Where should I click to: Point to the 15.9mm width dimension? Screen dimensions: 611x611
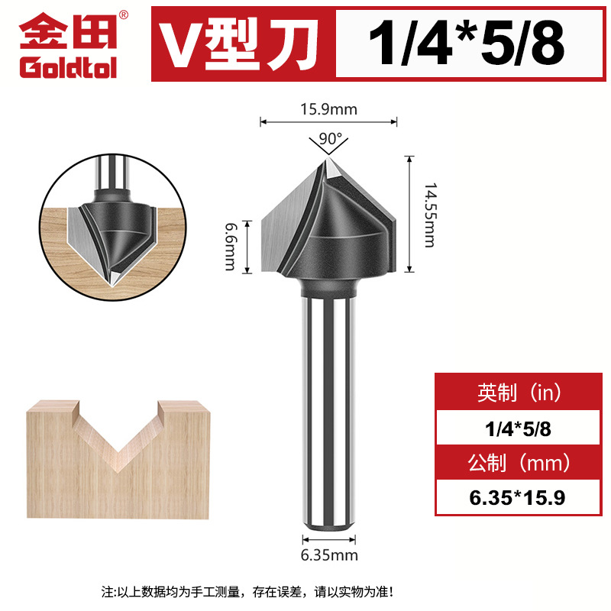(x=328, y=109)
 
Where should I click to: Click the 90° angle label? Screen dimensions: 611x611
(x=328, y=140)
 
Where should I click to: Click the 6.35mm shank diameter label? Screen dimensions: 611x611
(x=328, y=555)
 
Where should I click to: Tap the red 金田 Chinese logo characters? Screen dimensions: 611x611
(x=67, y=32)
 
